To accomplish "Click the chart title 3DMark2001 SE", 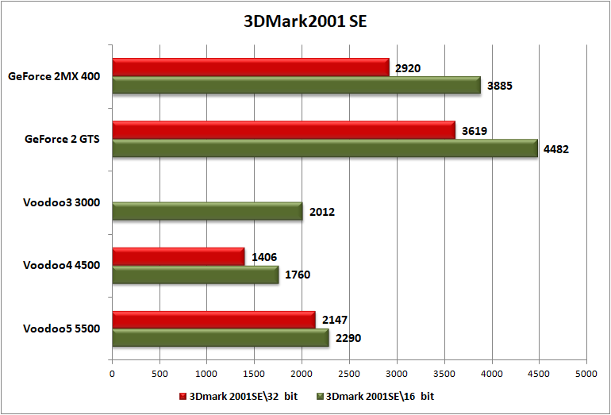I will coord(305,22).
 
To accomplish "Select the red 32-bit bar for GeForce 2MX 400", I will coord(250,67).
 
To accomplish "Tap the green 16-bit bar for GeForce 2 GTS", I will coord(325,148).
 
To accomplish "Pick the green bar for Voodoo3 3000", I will coord(207,211).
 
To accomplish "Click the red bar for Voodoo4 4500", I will coord(178,256).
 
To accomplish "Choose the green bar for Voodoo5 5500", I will coord(220,338).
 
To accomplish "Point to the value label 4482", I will coord(556,148).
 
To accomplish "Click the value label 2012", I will coord(321,212).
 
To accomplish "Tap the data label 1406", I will coord(263,257).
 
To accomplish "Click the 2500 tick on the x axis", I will coord(349,372).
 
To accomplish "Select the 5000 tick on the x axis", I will coord(586,372).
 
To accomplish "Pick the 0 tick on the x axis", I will coord(112,372).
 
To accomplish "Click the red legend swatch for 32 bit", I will coord(184,395).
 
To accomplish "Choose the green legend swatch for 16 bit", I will coord(321,395).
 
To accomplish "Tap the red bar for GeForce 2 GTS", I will coord(283,130).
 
